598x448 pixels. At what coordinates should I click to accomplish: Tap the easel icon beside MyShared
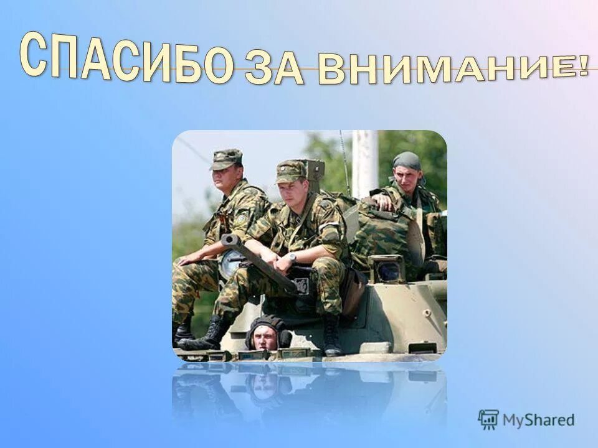(x=488, y=420)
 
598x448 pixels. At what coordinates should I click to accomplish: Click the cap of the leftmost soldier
(x=225, y=159)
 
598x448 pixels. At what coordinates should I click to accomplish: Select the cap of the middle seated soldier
(x=291, y=171)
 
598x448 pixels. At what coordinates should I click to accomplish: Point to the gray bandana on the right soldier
(x=407, y=161)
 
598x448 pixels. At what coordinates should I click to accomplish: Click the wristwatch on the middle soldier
(x=292, y=258)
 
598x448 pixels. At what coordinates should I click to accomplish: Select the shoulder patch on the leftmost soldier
(x=240, y=219)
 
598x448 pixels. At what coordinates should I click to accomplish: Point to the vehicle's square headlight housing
(x=387, y=269)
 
